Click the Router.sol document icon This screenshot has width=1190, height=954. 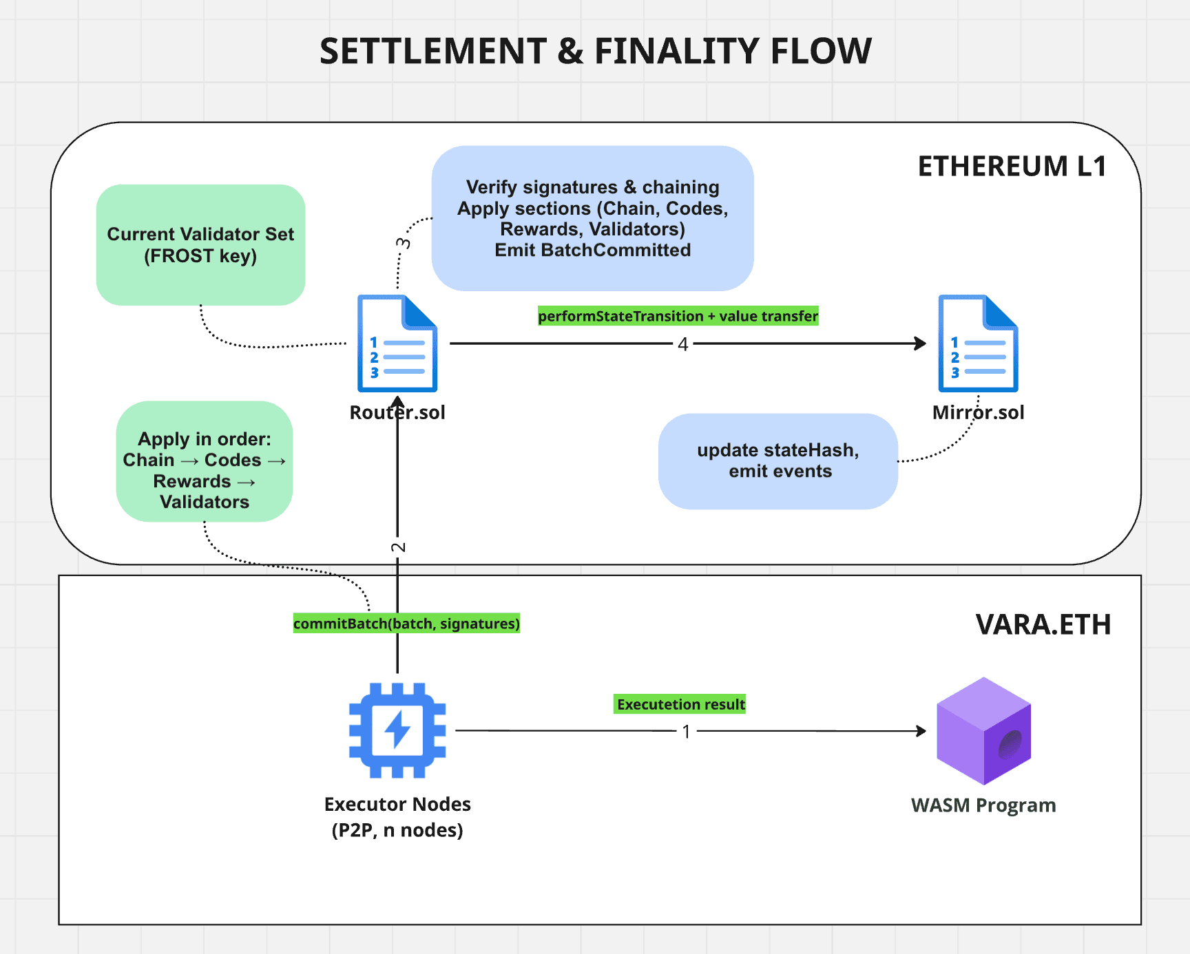pyautogui.click(x=397, y=343)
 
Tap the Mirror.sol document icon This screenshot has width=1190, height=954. pyautogui.click(x=978, y=343)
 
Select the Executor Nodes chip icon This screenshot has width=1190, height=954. pyautogui.click(x=397, y=730)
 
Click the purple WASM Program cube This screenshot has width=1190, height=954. pyautogui.click(x=983, y=731)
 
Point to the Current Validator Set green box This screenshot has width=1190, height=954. pyautogui.click(x=200, y=244)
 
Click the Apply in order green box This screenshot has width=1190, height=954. pyautogui.click(x=205, y=461)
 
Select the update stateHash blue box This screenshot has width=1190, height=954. pyautogui.click(x=778, y=461)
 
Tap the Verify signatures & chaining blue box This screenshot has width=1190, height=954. pyautogui.click(x=592, y=218)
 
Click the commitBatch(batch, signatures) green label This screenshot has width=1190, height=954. pyautogui.click(x=406, y=624)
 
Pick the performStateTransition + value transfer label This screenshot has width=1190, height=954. pyautogui.click(x=678, y=316)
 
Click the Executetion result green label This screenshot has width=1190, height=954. pyautogui.click(x=680, y=704)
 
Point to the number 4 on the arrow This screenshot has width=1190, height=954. pyautogui.click(x=682, y=344)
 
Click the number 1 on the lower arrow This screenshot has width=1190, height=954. pyautogui.click(x=686, y=732)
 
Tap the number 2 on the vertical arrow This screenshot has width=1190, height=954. pyautogui.click(x=398, y=547)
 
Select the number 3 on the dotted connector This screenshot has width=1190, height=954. pyautogui.click(x=403, y=243)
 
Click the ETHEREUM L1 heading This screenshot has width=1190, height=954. pyautogui.click(x=1012, y=167)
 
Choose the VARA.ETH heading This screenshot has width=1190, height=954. pyautogui.click(x=1043, y=624)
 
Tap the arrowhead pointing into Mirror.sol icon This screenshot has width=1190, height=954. pyautogui.click(x=921, y=343)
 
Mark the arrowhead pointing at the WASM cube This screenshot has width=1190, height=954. pyautogui.click(x=921, y=731)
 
